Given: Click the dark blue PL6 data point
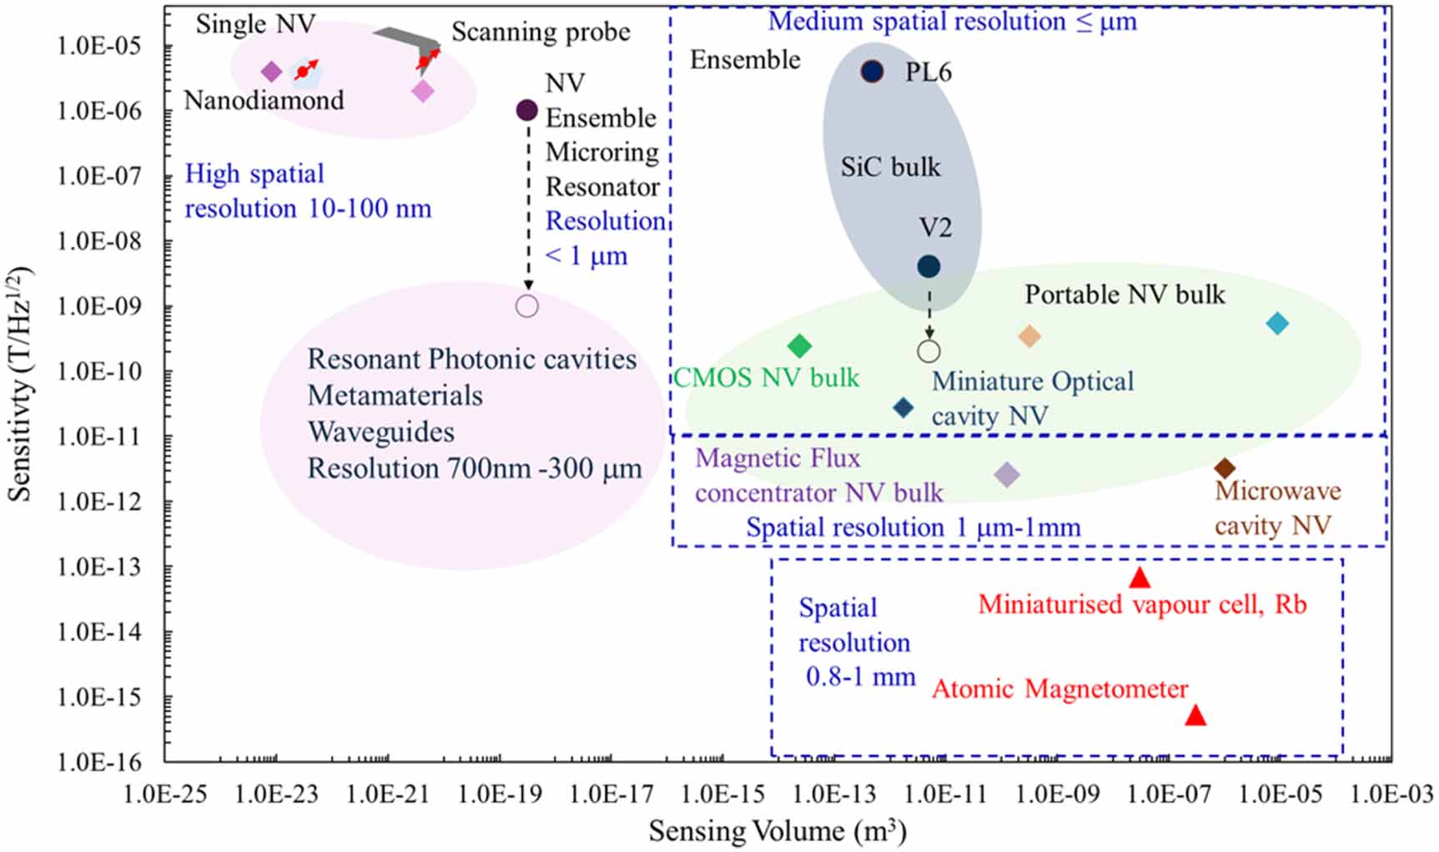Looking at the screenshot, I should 872,72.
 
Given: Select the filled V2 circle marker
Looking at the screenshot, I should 928,266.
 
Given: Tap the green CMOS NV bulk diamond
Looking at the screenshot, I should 799,345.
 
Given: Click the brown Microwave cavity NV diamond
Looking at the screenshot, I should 1225,468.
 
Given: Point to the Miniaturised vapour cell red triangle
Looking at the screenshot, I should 1140,577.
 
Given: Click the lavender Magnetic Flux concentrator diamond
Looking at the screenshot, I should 1007,475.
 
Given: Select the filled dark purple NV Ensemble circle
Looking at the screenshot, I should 527,109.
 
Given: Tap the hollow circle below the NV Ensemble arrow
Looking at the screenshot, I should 527,306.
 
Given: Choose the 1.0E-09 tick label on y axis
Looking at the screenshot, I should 99,306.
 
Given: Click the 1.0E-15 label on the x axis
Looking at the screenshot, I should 722,794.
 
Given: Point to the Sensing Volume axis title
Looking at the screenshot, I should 777,830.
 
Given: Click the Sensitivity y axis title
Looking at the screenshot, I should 20,384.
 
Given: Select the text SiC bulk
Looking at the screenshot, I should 890,167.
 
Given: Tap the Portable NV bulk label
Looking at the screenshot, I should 1125,294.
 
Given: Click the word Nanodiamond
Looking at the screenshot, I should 264,100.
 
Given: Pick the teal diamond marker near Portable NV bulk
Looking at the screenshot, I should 1277,324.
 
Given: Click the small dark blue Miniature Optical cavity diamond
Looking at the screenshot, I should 903,408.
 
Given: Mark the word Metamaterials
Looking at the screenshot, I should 395,395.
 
